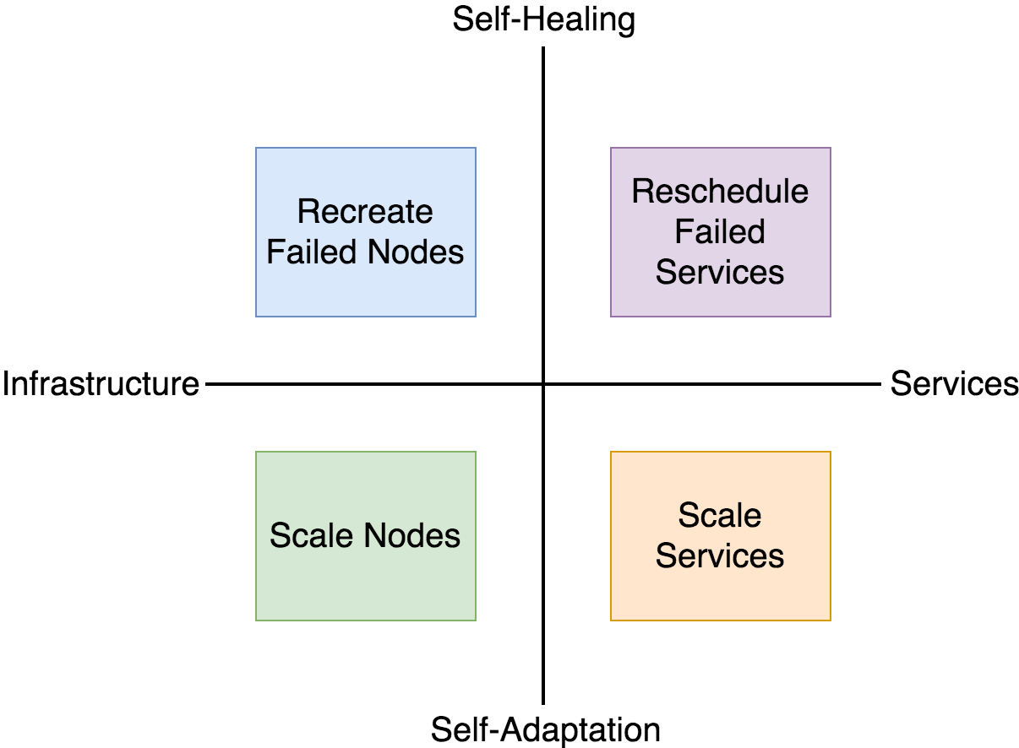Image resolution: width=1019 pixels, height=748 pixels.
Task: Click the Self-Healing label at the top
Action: (543, 19)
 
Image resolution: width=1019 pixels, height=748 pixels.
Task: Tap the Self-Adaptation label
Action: (545, 729)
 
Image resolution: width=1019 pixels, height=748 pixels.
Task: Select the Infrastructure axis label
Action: (101, 384)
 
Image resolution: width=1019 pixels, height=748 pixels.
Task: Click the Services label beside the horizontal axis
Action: (954, 384)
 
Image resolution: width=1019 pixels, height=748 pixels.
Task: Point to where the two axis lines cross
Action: (543, 384)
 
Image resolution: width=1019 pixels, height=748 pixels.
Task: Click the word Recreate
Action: (365, 211)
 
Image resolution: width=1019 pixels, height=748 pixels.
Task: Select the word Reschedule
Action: (720, 192)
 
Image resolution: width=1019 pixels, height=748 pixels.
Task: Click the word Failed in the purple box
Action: (720, 231)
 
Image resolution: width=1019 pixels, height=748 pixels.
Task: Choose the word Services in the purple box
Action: (720, 272)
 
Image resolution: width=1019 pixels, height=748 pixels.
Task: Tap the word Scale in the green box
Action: (313, 536)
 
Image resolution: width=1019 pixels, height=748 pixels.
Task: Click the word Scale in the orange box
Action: (720, 515)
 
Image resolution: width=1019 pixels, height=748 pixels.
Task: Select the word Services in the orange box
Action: (720, 556)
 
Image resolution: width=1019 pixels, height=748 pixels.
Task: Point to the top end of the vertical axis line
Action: (543, 49)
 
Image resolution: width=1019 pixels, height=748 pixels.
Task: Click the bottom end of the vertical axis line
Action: (543, 702)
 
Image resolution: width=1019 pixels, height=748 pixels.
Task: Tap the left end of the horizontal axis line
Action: (208, 384)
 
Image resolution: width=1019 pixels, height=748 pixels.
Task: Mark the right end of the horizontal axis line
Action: (879, 384)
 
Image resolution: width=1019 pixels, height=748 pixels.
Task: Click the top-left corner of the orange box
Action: (611, 452)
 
